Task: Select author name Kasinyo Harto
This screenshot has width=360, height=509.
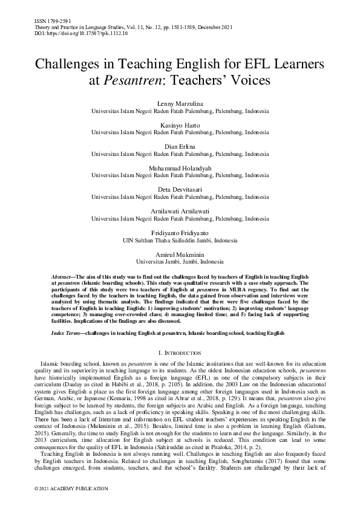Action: (x=180, y=125)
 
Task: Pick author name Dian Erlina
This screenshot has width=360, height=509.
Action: (x=180, y=146)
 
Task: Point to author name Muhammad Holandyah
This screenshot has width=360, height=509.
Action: (x=180, y=167)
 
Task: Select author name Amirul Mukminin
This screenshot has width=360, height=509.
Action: (x=180, y=254)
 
